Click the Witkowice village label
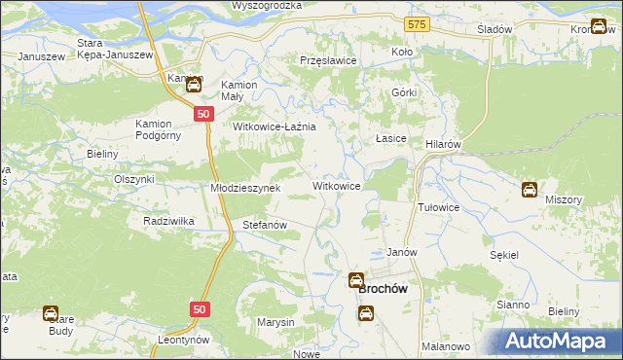[x=338, y=185]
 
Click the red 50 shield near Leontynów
[x=200, y=308]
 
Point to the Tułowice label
[x=438, y=208]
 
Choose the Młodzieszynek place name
[x=245, y=188]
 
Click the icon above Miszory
[x=530, y=190]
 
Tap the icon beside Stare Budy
[x=51, y=313]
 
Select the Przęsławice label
[x=329, y=60]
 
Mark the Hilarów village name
[x=443, y=143]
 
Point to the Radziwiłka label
[x=168, y=221]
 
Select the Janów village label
[x=402, y=252]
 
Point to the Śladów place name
[x=495, y=30]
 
